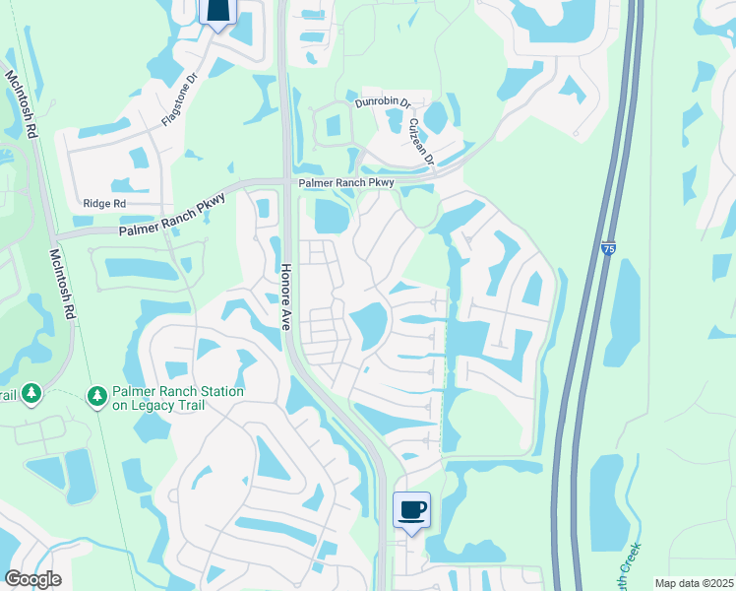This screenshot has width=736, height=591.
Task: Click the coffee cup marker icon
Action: pos(412,509)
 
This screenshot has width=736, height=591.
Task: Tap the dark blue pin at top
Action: pos(217,9)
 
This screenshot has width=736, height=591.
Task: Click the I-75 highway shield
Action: pos(608,250)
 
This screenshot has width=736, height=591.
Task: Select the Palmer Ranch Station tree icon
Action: pos(96,396)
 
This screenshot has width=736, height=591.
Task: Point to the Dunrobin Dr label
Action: pos(382,102)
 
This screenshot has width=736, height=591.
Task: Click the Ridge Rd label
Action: pos(105,204)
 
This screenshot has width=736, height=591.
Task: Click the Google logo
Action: pos(32,579)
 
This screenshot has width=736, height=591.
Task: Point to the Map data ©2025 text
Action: pos(694,583)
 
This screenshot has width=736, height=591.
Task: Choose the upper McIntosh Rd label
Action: pos(20,103)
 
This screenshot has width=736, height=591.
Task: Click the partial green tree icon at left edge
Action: pos(30,395)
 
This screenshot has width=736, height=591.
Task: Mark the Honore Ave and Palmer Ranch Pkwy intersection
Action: pos(286,182)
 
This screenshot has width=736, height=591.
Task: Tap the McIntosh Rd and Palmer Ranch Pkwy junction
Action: pos(55,237)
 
